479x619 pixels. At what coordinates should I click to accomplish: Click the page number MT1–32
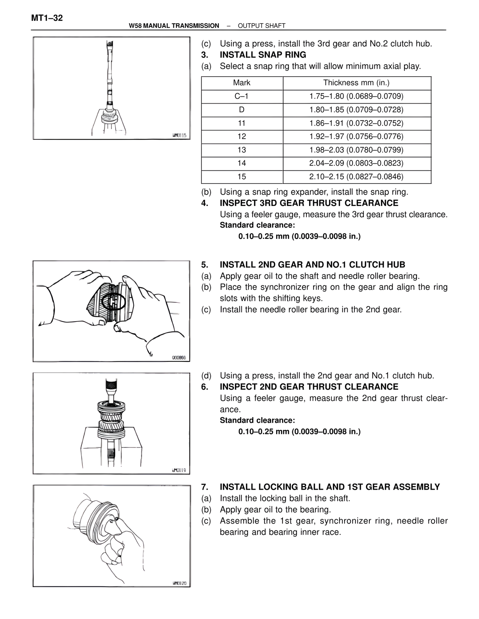pos(47,18)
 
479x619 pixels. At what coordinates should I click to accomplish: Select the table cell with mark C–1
pos(241,96)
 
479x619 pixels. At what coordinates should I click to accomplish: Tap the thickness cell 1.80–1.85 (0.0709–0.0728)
pos(356,110)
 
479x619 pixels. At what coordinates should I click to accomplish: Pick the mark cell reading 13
pos(241,150)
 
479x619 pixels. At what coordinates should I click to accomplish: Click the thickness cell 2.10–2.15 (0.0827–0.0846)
pos(356,177)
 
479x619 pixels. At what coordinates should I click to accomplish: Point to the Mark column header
pos(241,83)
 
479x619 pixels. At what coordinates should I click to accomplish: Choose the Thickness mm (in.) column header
pos(356,83)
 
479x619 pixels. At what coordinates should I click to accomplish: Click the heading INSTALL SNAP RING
pos(263,55)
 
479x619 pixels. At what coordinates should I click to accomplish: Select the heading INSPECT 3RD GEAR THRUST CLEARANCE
pos(309,203)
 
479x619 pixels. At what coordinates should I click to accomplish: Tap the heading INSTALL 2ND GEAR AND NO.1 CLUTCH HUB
pos(312,265)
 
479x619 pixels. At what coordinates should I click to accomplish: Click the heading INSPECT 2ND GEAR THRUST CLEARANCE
pos(309,387)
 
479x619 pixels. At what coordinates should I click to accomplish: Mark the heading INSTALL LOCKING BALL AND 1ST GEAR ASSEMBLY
pos(330,487)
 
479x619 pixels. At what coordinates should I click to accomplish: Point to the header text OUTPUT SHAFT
pos(262,26)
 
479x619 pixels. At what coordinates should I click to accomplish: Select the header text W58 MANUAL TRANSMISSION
pos(174,26)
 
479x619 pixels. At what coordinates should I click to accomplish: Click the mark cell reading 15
pos(241,177)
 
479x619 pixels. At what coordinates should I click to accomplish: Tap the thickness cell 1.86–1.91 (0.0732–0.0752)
pos(356,123)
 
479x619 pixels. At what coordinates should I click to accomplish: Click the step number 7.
pos(204,487)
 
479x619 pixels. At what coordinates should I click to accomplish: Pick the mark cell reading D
pos(241,110)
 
